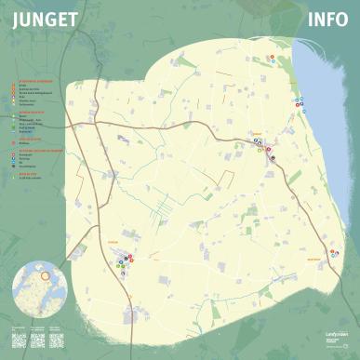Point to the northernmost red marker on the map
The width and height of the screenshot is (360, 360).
pos(272,56)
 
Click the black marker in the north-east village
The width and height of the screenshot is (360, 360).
pos(273,157)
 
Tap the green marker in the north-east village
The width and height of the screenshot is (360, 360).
pos(261,150)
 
